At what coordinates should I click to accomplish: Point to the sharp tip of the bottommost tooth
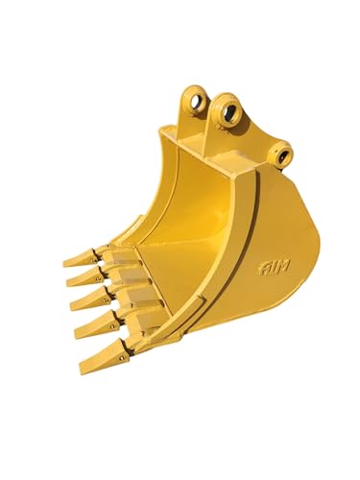tap(80, 372)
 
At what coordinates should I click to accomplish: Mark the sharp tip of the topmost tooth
tap(64, 262)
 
